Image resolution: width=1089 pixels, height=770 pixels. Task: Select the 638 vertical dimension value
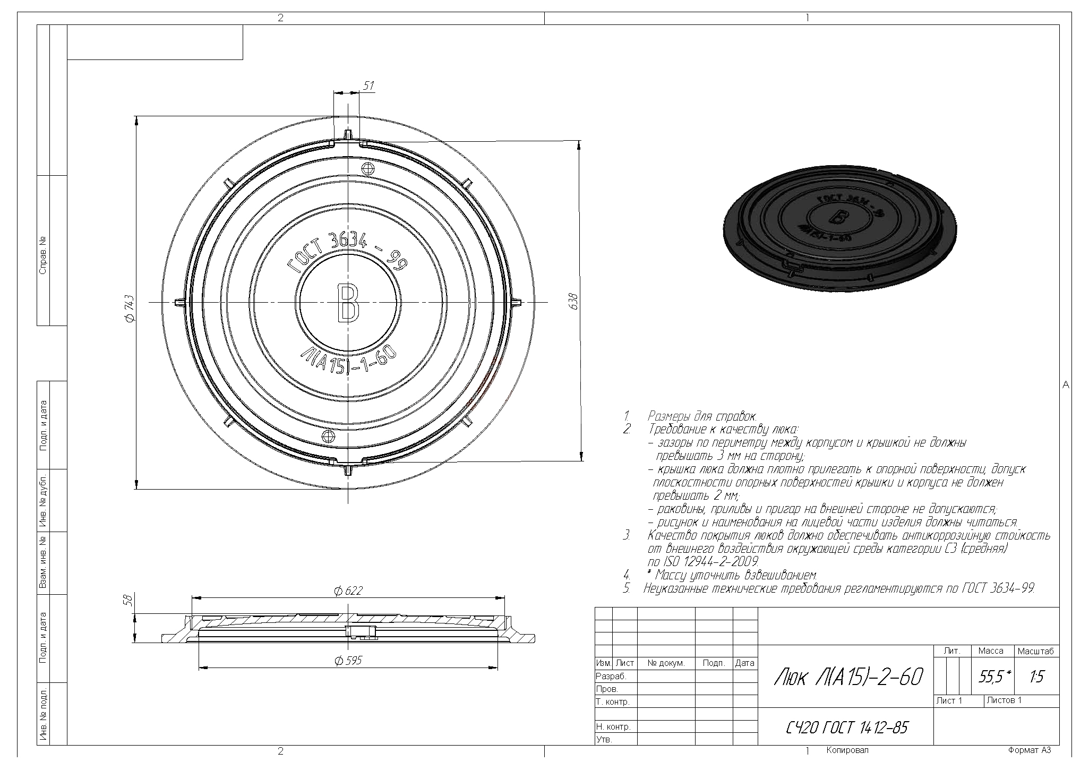[x=573, y=302]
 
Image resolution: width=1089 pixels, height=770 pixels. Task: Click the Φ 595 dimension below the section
[x=348, y=661]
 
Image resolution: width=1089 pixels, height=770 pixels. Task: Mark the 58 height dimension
[x=127, y=600]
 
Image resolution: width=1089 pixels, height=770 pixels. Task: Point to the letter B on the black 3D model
[x=839, y=217]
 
